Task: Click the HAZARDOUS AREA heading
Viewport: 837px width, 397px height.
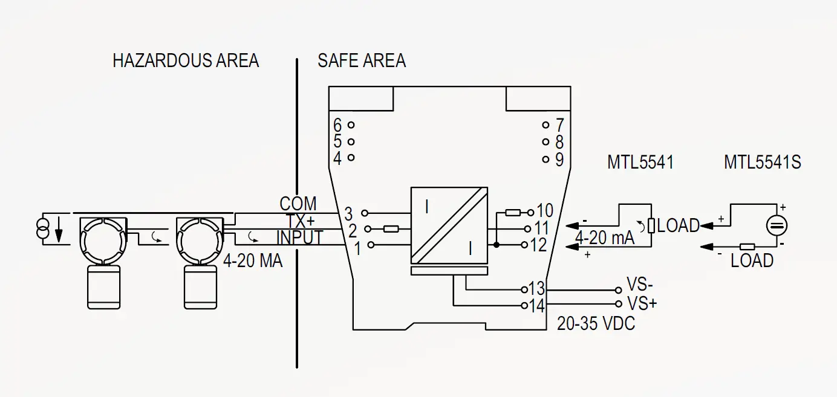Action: (186, 60)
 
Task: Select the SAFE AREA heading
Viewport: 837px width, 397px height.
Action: (362, 60)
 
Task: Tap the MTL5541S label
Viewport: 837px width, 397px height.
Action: (762, 162)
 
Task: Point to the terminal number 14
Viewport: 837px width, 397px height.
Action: (537, 306)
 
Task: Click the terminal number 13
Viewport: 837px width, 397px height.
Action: (537, 288)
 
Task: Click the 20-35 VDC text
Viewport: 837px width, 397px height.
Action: (596, 324)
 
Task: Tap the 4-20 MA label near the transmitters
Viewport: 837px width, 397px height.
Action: (253, 261)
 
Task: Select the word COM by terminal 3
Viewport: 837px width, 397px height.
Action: (298, 203)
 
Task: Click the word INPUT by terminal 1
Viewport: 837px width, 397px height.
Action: (300, 237)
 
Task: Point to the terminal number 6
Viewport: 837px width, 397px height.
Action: (337, 125)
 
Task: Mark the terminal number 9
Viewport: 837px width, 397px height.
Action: (559, 160)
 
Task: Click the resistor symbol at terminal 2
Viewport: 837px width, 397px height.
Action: (391, 229)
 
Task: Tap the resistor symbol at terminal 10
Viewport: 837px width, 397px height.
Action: (512, 212)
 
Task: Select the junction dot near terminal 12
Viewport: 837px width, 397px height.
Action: (496, 245)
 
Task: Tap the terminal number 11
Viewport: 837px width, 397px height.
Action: (541, 228)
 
